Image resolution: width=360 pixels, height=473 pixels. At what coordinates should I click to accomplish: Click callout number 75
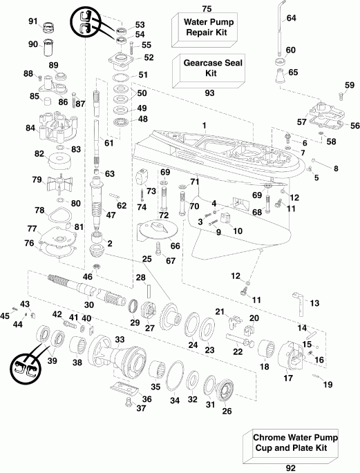205,8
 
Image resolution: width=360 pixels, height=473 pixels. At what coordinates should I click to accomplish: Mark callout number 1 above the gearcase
204,124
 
